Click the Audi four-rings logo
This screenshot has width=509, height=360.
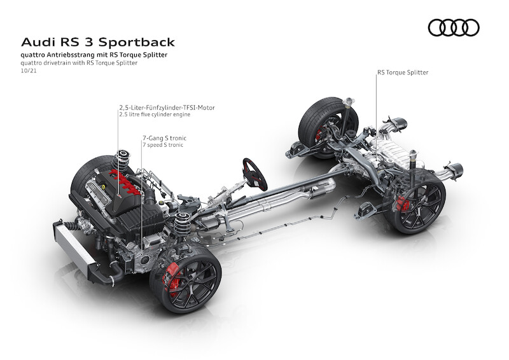pyautogui.click(x=453, y=27)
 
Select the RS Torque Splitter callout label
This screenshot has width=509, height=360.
pyautogui.click(x=403, y=73)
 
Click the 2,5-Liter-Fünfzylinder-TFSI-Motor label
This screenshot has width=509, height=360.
pyautogui.click(x=167, y=107)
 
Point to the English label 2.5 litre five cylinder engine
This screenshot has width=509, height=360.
pyautogui.click(x=155, y=114)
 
